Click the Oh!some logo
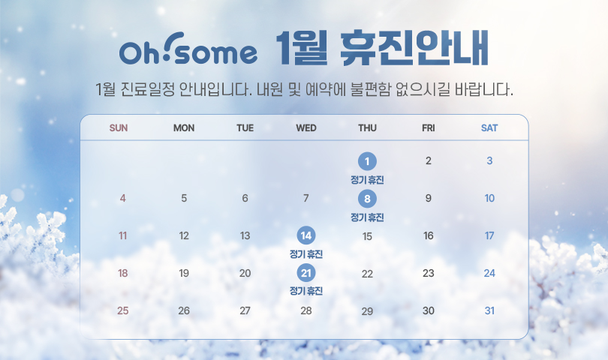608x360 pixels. pos(188,49)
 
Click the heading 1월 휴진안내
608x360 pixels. pos(382,49)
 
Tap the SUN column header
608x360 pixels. pos(119,128)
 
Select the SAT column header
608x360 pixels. pos(489,128)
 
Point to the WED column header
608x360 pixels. pos(306,128)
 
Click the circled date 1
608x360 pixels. pos(367,161)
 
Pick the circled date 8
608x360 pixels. pos(367,199)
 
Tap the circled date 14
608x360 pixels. pos(306,235)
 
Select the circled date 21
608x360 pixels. pos(306,273)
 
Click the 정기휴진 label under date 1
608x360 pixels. pos(367,180)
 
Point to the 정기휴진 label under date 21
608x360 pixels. pos(306,291)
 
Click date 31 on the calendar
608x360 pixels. pos(489,310)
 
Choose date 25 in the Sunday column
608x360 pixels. pos(123,310)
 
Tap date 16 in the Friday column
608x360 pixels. pos(429,235)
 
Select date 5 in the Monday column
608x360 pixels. pos(184,199)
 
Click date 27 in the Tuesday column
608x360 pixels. pos(245,310)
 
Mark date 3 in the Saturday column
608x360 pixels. pos(489,160)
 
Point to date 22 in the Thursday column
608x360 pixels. pos(367,274)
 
